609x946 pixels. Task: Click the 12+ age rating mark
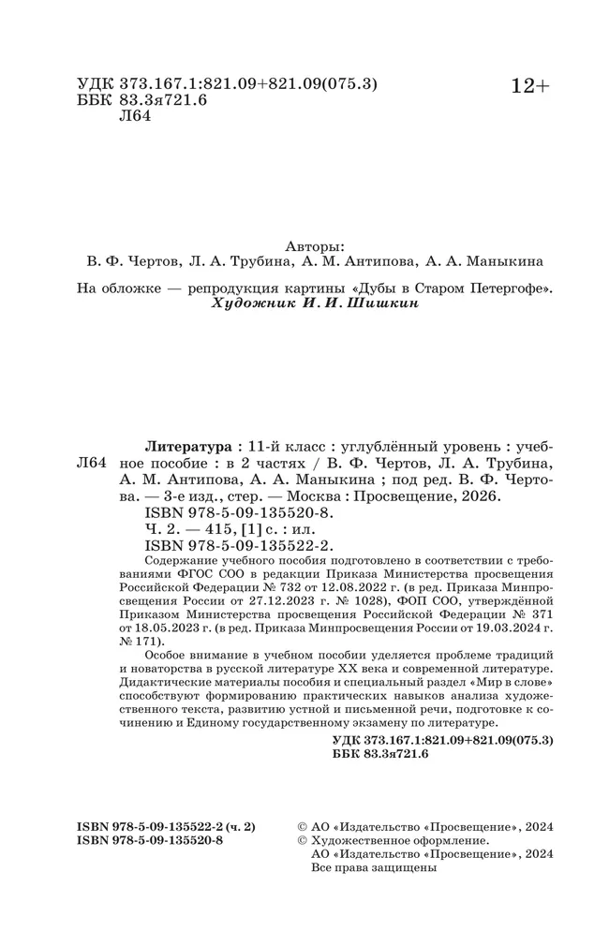coord(529,86)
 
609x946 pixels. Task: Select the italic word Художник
coord(251,303)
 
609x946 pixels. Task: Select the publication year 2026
coord(483,497)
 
